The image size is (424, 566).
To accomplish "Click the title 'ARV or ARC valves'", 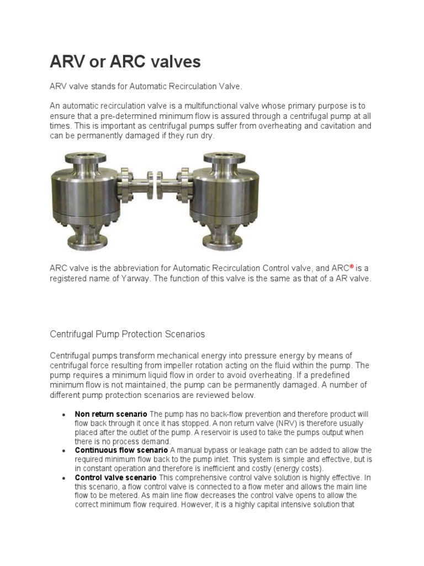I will pyautogui.click(x=125, y=62).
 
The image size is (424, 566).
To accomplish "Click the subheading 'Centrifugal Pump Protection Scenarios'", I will pyautogui.click(x=128, y=334).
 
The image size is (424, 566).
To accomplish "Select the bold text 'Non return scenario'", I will pyautogui.click(x=111, y=414).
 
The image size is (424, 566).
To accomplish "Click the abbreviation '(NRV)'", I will pyautogui.click(x=287, y=423).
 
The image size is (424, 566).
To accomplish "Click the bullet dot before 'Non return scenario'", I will pyautogui.click(x=64, y=415).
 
